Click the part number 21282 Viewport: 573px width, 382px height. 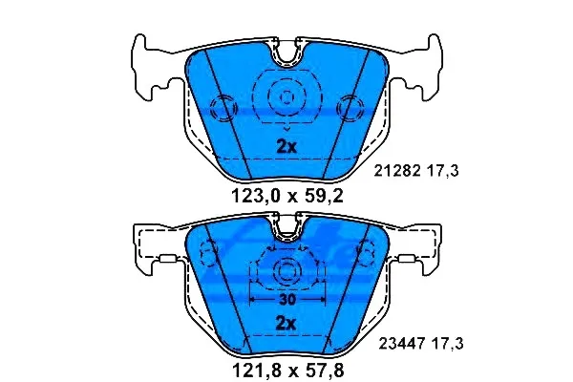pyautogui.click(x=397, y=171)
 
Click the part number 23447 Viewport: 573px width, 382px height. pyautogui.click(x=402, y=344)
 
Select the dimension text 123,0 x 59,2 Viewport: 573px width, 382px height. pyautogui.click(x=287, y=197)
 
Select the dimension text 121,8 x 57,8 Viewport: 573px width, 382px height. pyautogui.click(x=288, y=371)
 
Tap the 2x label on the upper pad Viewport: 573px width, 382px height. pyautogui.click(x=286, y=147)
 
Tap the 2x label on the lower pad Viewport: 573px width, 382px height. pyautogui.click(x=286, y=323)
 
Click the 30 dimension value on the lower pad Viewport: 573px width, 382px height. pyautogui.click(x=286, y=300)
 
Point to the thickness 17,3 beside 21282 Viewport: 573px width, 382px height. pyautogui.click(x=442, y=171)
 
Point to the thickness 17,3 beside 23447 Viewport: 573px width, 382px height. pyautogui.click(x=447, y=344)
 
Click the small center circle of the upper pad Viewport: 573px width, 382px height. pyautogui.click(x=286, y=97)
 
